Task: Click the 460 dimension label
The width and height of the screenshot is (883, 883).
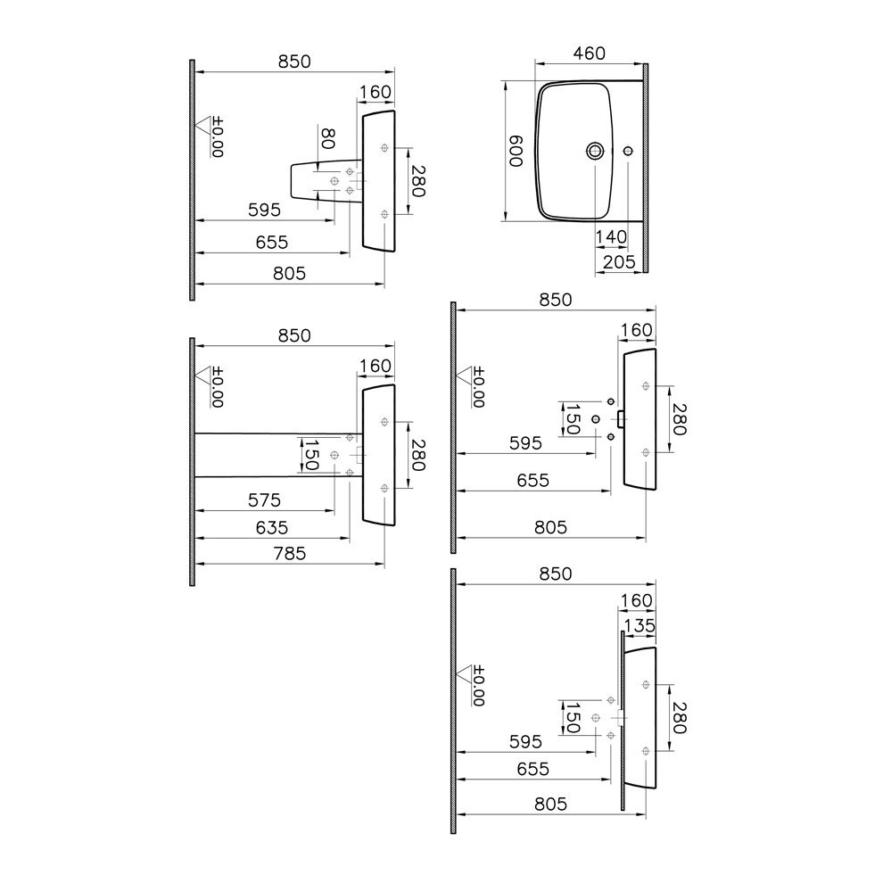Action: point(589,54)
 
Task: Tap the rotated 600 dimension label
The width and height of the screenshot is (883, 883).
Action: point(516,151)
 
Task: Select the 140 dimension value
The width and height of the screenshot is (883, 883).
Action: point(611,236)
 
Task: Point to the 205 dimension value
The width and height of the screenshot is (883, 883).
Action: point(619,262)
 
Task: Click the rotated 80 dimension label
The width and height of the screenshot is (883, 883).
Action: point(327,138)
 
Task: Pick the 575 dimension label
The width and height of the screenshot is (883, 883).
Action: point(264,500)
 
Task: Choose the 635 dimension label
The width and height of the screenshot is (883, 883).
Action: point(271,528)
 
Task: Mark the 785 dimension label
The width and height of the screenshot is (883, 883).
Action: point(290,554)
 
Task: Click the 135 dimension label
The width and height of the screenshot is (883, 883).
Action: point(640,625)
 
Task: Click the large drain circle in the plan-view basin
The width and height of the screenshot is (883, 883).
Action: point(595,151)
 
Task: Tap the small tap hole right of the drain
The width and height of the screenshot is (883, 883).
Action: point(628,151)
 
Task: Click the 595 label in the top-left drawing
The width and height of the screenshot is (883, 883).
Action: point(264,210)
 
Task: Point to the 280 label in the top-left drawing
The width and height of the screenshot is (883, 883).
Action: point(417,181)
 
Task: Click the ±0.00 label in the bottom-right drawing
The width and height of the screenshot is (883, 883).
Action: point(479,685)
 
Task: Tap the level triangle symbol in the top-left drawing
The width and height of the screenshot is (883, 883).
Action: point(202,125)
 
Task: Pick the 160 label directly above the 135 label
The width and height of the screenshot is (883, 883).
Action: point(636,601)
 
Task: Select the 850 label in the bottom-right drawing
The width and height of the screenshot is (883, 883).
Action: point(556,574)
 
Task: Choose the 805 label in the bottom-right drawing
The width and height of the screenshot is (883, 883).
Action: point(550,805)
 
